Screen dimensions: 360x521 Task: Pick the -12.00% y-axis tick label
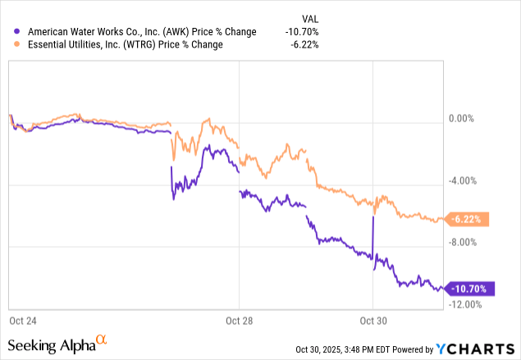(464, 304)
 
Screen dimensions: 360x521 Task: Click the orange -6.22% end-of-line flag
(470, 219)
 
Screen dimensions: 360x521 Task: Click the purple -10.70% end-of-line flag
(470, 289)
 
